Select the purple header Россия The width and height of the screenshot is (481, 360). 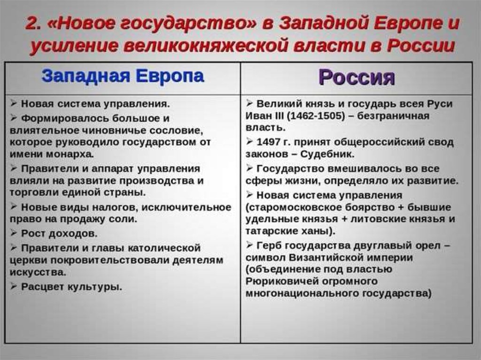click(357, 77)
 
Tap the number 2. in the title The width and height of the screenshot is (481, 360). click(33, 23)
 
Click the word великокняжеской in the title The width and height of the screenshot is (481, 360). click(206, 46)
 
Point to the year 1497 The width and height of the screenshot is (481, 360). click(268, 142)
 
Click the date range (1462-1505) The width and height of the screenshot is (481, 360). click(314, 116)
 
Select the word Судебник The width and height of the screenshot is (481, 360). click(327, 154)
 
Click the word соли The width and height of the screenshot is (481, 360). click(123, 219)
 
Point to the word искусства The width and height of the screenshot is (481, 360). click(38, 272)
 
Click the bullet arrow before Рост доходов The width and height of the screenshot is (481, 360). click(14, 233)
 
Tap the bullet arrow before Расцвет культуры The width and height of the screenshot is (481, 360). click(14, 286)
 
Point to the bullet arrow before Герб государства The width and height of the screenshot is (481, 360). click(249, 245)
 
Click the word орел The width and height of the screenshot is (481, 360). click(428, 246)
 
